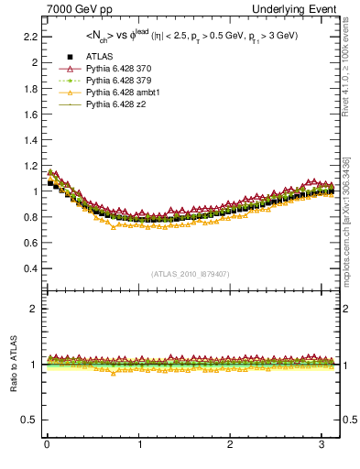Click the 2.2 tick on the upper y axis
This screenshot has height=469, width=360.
[x=29, y=37]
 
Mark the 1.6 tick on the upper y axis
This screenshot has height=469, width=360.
[x=29, y=115]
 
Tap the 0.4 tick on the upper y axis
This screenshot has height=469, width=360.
[x=29, y=269]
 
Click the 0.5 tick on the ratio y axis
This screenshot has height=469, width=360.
[x=29, y=420]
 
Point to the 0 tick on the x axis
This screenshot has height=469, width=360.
[x=47, y=446]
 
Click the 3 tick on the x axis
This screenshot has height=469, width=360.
[x=323, y=446]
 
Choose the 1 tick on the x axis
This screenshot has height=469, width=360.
[x=139, y=446]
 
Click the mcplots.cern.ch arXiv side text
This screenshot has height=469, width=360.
[x=346, y=220]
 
